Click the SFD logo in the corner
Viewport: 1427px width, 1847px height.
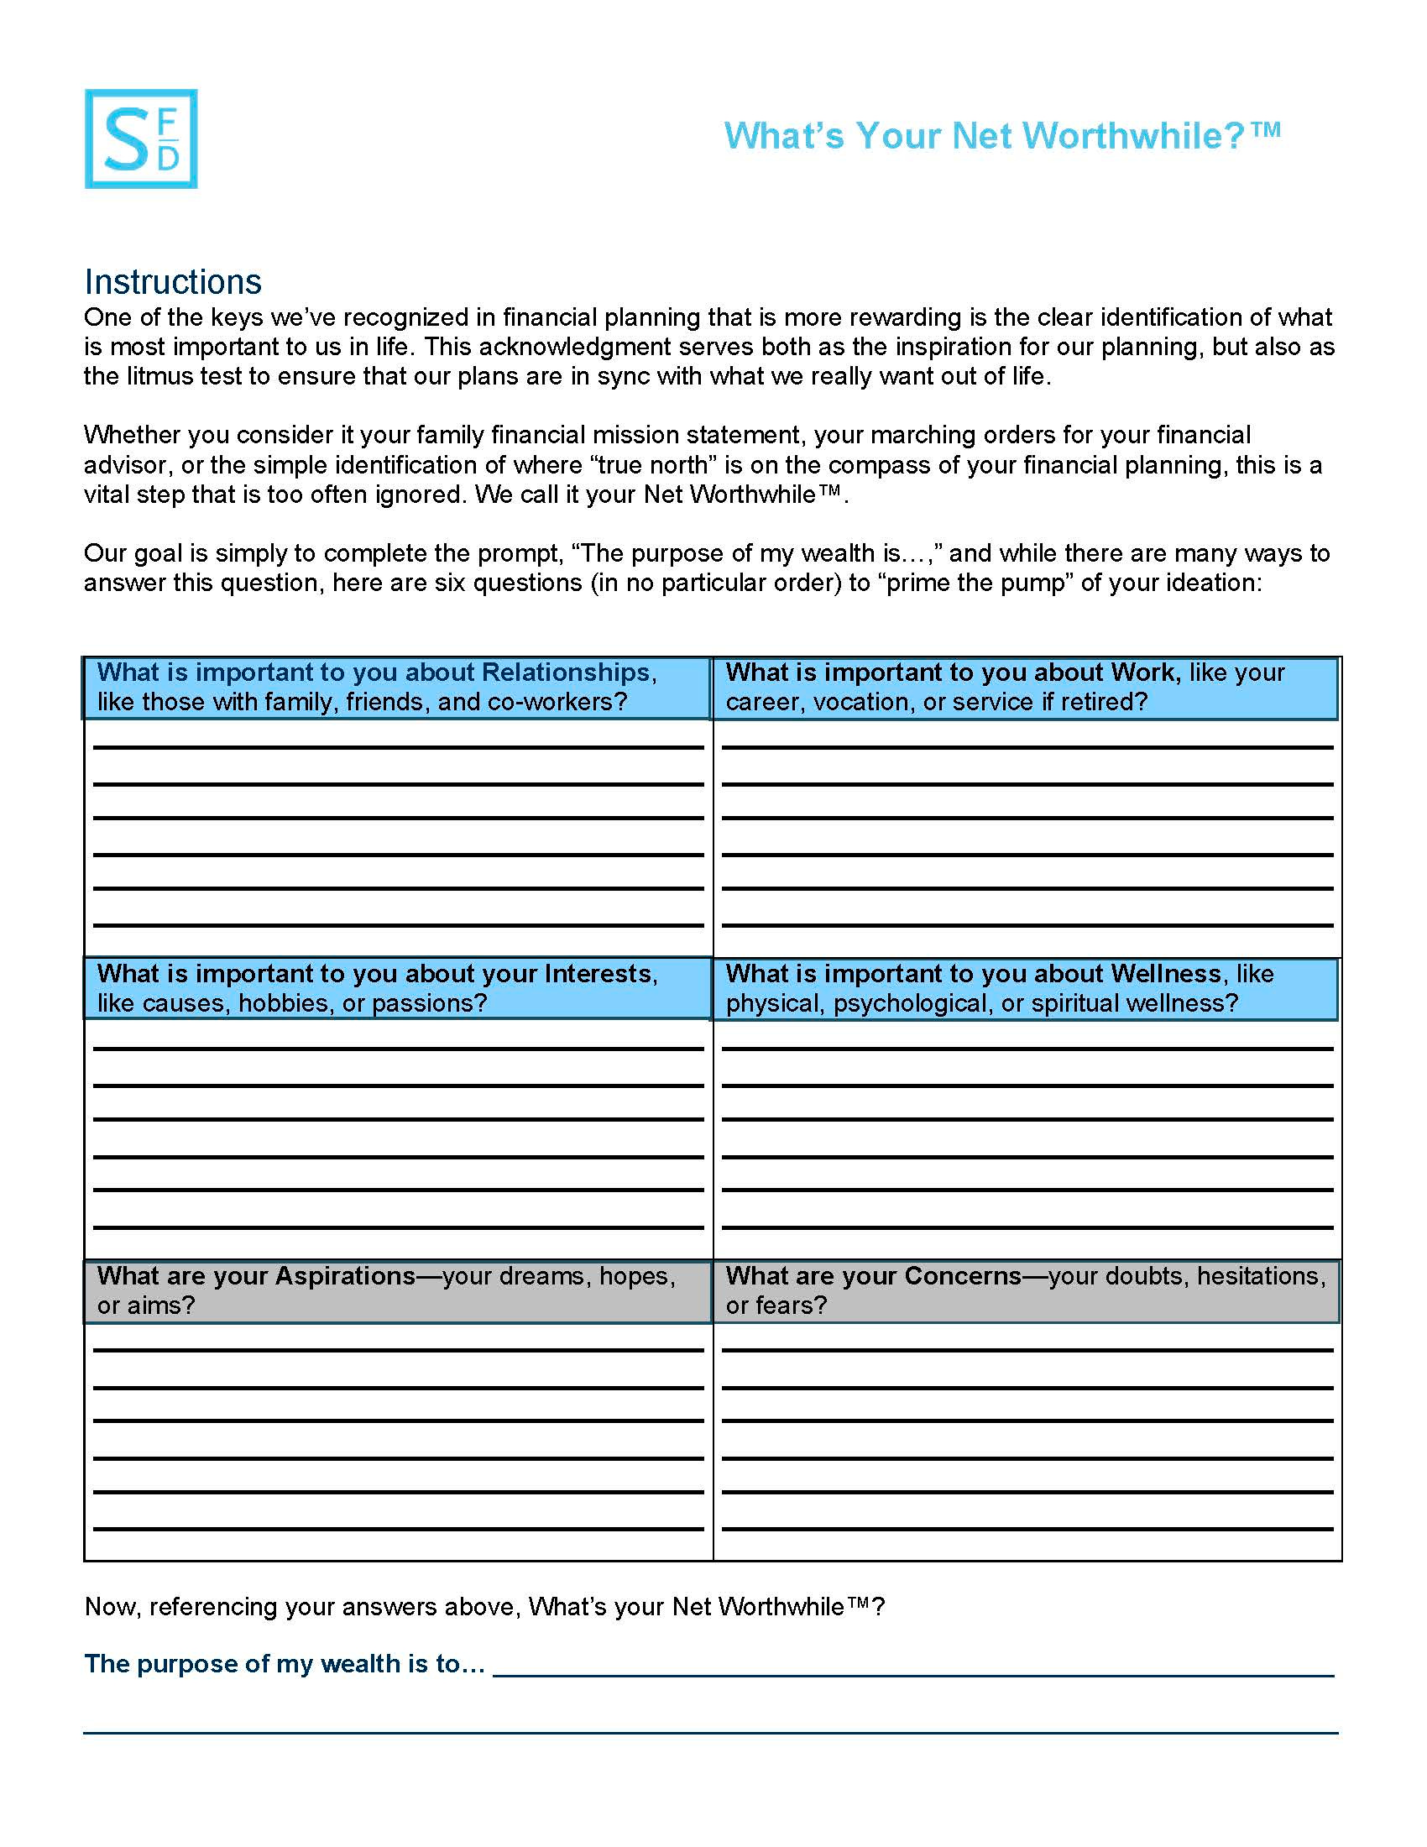click(140, 139)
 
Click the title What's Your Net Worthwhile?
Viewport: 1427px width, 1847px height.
click(1001, 136)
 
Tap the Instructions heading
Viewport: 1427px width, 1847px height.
click(172, 281)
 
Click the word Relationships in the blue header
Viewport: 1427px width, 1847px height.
click(565, 672)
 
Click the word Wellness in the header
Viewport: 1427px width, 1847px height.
click(1166, 973)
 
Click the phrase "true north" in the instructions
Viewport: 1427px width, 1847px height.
click(645, 465)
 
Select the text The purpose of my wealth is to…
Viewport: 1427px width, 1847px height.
click(285, 1663)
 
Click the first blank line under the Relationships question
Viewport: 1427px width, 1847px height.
click(398, 746)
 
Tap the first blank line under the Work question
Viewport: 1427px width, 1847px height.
click(1027, 746)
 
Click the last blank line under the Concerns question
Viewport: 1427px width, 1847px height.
click(1027, 1528)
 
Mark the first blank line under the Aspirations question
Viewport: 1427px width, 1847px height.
click(398, 1350)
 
